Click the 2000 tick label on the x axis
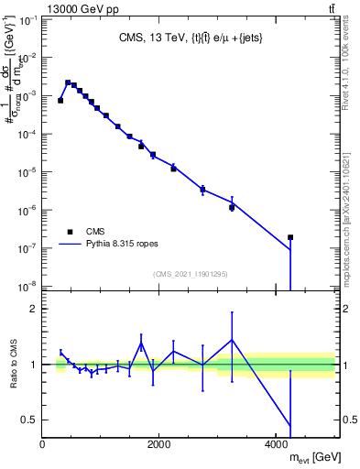click(x=159, y=444)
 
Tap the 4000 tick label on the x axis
click(x=276, y=444)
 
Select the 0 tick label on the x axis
click(x=42, y=444)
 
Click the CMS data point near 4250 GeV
click(x=290, y=237)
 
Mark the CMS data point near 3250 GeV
click(x=232, y=208)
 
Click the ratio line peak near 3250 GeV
click(x=232, y=340)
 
